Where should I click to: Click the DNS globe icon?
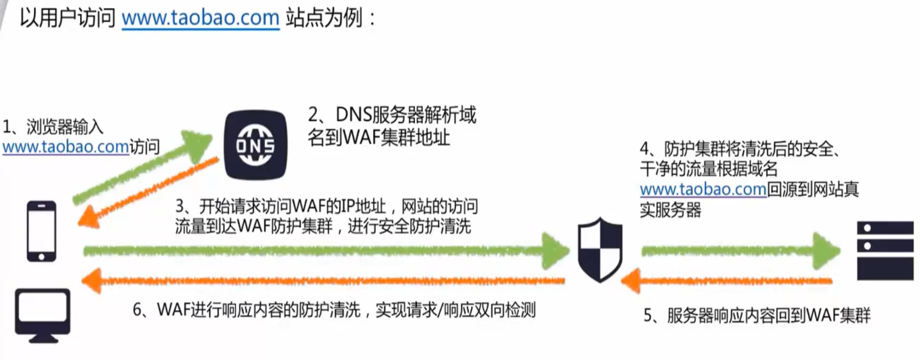point(255,145)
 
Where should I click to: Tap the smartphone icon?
point(42,231)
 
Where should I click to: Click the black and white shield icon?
point(600,249)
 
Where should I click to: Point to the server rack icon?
point(885,251)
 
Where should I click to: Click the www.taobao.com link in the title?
point(200,18)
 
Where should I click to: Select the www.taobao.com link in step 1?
point(65,147)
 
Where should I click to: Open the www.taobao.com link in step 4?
point(703,190)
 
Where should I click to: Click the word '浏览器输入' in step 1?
point(65,127)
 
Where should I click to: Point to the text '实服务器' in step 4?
point(670,210)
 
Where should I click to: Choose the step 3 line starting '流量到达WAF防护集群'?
point(323,226)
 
